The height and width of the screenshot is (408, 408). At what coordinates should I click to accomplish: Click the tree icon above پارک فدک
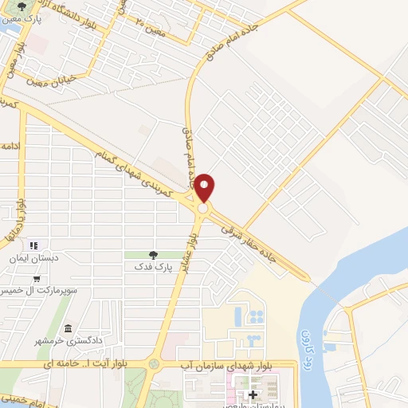pos(153,255)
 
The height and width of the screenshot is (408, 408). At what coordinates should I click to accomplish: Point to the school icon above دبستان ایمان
pos(34,245)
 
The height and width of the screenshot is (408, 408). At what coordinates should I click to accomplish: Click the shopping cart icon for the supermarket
pos(37,278)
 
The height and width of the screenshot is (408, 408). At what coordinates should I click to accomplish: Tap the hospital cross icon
pos(253,394)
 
